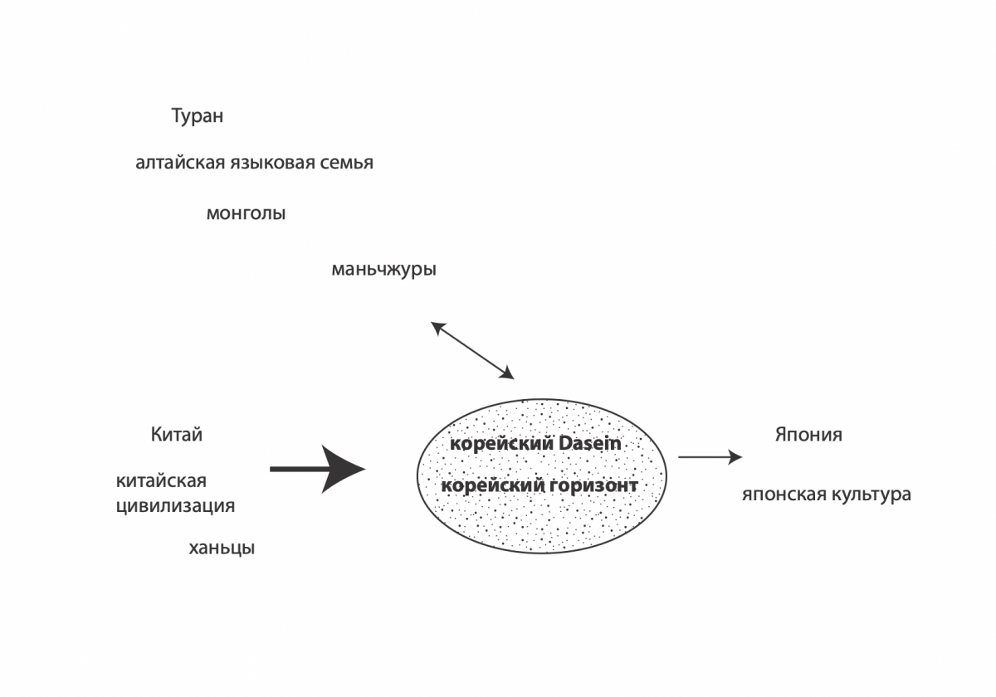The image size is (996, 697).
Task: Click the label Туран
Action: click(198, 116)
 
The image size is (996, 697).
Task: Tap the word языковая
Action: click(272, 163)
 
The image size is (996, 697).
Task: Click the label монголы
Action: click(246, 214)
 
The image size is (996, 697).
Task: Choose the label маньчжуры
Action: click(383, 270)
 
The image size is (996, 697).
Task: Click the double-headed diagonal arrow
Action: click(472, 351)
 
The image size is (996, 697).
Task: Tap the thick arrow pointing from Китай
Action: click(317, 469)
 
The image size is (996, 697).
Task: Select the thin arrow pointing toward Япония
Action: click(710, 457)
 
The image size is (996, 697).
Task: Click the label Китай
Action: click(177, 434)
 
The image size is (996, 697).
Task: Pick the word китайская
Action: click(161, 481)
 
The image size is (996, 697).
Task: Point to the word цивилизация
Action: click(175, 506)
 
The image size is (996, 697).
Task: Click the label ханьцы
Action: click(222, 548)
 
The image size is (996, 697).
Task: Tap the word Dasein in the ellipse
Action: click(589, 443)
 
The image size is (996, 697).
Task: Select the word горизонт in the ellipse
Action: click(594, 485)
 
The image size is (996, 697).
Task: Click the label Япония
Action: click(808, 434)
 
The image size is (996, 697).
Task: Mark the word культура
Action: click(871, 495)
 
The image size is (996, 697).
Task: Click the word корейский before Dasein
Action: click(502, 444)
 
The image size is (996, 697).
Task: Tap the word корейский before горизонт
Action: click(493, 485)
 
